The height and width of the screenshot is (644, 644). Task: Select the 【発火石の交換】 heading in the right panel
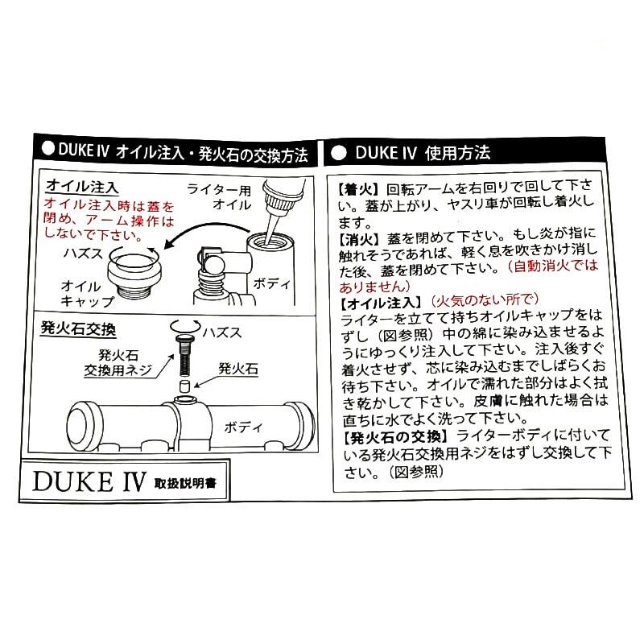[x=392, y=436]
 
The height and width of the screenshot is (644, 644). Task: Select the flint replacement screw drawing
[x=184, y=355]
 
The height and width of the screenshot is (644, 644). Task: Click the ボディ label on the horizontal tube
[x=242, y=423]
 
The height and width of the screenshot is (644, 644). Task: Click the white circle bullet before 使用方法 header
[x=339, y=151]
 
